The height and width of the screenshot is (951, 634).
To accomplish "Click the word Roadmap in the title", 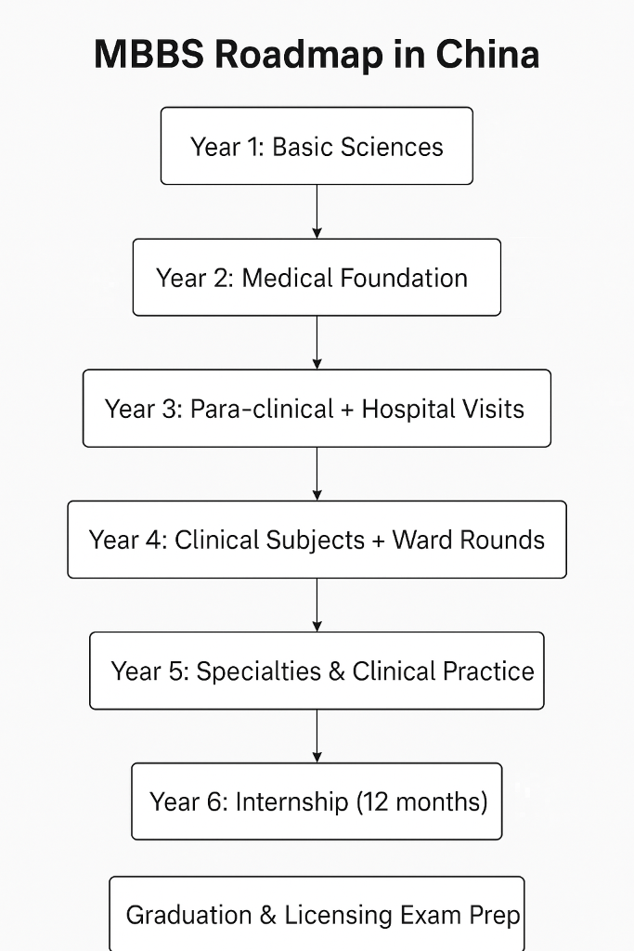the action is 300,55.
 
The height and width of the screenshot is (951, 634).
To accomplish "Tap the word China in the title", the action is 487,54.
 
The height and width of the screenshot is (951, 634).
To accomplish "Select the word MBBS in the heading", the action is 149,54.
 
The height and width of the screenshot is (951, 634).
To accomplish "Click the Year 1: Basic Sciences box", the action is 317,146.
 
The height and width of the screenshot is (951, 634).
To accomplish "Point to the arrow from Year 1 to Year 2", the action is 317,212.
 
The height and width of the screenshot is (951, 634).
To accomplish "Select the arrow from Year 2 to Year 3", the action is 317,343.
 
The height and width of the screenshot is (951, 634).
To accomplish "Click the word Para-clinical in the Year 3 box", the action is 262,409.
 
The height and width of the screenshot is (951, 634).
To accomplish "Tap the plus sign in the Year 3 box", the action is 347,410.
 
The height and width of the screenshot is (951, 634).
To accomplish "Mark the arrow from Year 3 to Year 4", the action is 317,475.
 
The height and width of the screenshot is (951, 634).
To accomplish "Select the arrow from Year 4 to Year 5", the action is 317,606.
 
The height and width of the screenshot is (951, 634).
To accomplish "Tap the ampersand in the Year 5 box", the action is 336,671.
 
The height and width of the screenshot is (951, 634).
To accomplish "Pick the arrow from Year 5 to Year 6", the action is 317,736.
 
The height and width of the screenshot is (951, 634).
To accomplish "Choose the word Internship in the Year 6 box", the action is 291,802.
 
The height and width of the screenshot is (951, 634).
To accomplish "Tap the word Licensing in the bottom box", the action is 338,916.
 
